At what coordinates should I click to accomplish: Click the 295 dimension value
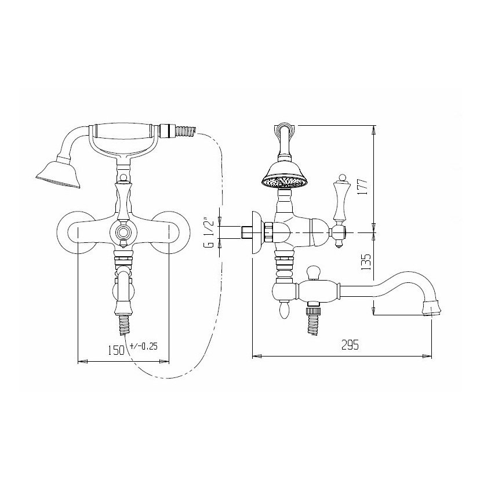(350, 345)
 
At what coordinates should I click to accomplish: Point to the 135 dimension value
(366, 262)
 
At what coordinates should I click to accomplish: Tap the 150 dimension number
(117, 350)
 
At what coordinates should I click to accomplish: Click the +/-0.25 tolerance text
(144, 346)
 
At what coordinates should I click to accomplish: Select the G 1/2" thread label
(209, 232)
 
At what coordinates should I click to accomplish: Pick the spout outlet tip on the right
(432, 308)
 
